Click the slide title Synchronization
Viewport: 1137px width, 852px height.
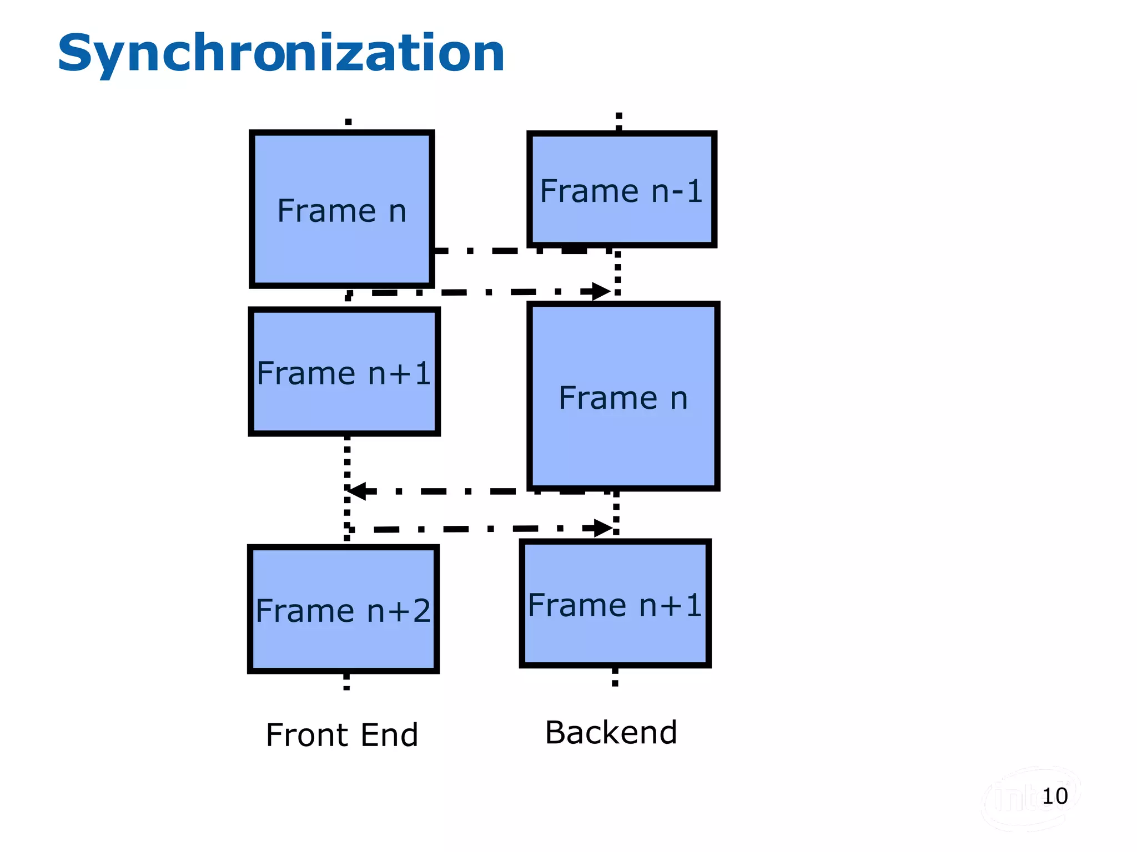point(281,53)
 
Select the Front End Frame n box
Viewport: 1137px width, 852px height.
point(342,210)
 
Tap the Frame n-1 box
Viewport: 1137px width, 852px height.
point(622,190)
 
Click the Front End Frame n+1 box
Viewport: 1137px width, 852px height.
point(344,372)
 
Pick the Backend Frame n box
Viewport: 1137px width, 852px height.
point(623,397)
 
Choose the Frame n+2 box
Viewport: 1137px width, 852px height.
point(343,610)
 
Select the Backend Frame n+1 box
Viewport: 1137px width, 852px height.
point(615,603)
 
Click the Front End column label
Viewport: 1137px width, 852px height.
point(342,734)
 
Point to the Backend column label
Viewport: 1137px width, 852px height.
point(611,732)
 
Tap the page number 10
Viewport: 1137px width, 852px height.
point(1055,796)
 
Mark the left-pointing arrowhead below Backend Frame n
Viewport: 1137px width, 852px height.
point(356,491)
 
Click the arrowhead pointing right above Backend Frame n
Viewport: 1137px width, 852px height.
point(601,291)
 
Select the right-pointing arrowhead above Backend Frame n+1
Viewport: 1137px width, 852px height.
point(603,528)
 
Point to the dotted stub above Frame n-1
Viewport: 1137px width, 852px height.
point(619,121)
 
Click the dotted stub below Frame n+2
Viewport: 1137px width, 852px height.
point(346,681)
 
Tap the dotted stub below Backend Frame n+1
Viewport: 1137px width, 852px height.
point(615,677)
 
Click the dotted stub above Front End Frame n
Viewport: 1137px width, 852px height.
point(348,123)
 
